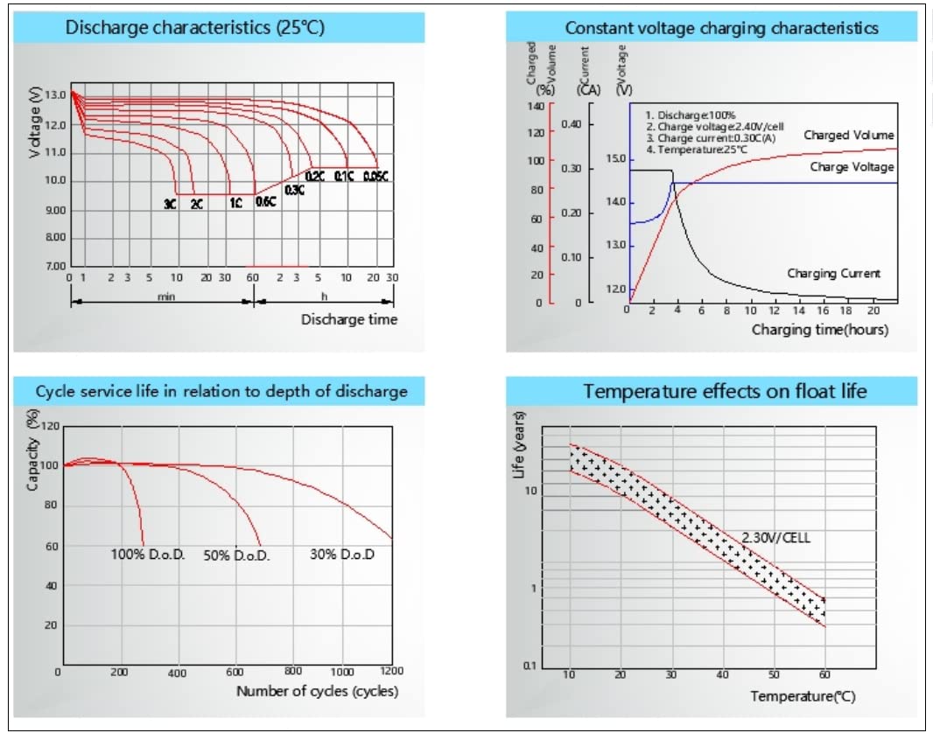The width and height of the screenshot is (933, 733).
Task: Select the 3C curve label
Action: coord(169,205)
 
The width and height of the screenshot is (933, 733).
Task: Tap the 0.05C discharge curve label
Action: coord(375,178)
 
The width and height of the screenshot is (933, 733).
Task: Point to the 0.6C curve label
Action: coord(265,202)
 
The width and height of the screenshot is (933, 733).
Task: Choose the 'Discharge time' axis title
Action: coord(349,319)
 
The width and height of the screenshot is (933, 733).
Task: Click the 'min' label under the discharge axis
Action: coord(166,297)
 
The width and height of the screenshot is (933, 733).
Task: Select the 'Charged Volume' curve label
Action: coord(849,136)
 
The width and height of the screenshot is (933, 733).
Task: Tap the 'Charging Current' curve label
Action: coord(833,274)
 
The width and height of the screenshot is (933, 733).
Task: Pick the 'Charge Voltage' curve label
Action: coord(852,166)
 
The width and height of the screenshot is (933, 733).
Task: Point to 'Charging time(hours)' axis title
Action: coord(820,330)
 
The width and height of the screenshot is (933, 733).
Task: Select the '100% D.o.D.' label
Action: coord(147,554)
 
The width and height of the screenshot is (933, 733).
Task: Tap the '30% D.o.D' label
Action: coord(342,554)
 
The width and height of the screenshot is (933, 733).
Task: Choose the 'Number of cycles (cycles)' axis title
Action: coord(317,691)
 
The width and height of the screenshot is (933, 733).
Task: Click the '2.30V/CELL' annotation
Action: coord(775,538)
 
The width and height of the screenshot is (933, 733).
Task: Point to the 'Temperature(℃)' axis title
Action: coord(803,696)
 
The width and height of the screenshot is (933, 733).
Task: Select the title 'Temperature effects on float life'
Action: coord(725,390)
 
